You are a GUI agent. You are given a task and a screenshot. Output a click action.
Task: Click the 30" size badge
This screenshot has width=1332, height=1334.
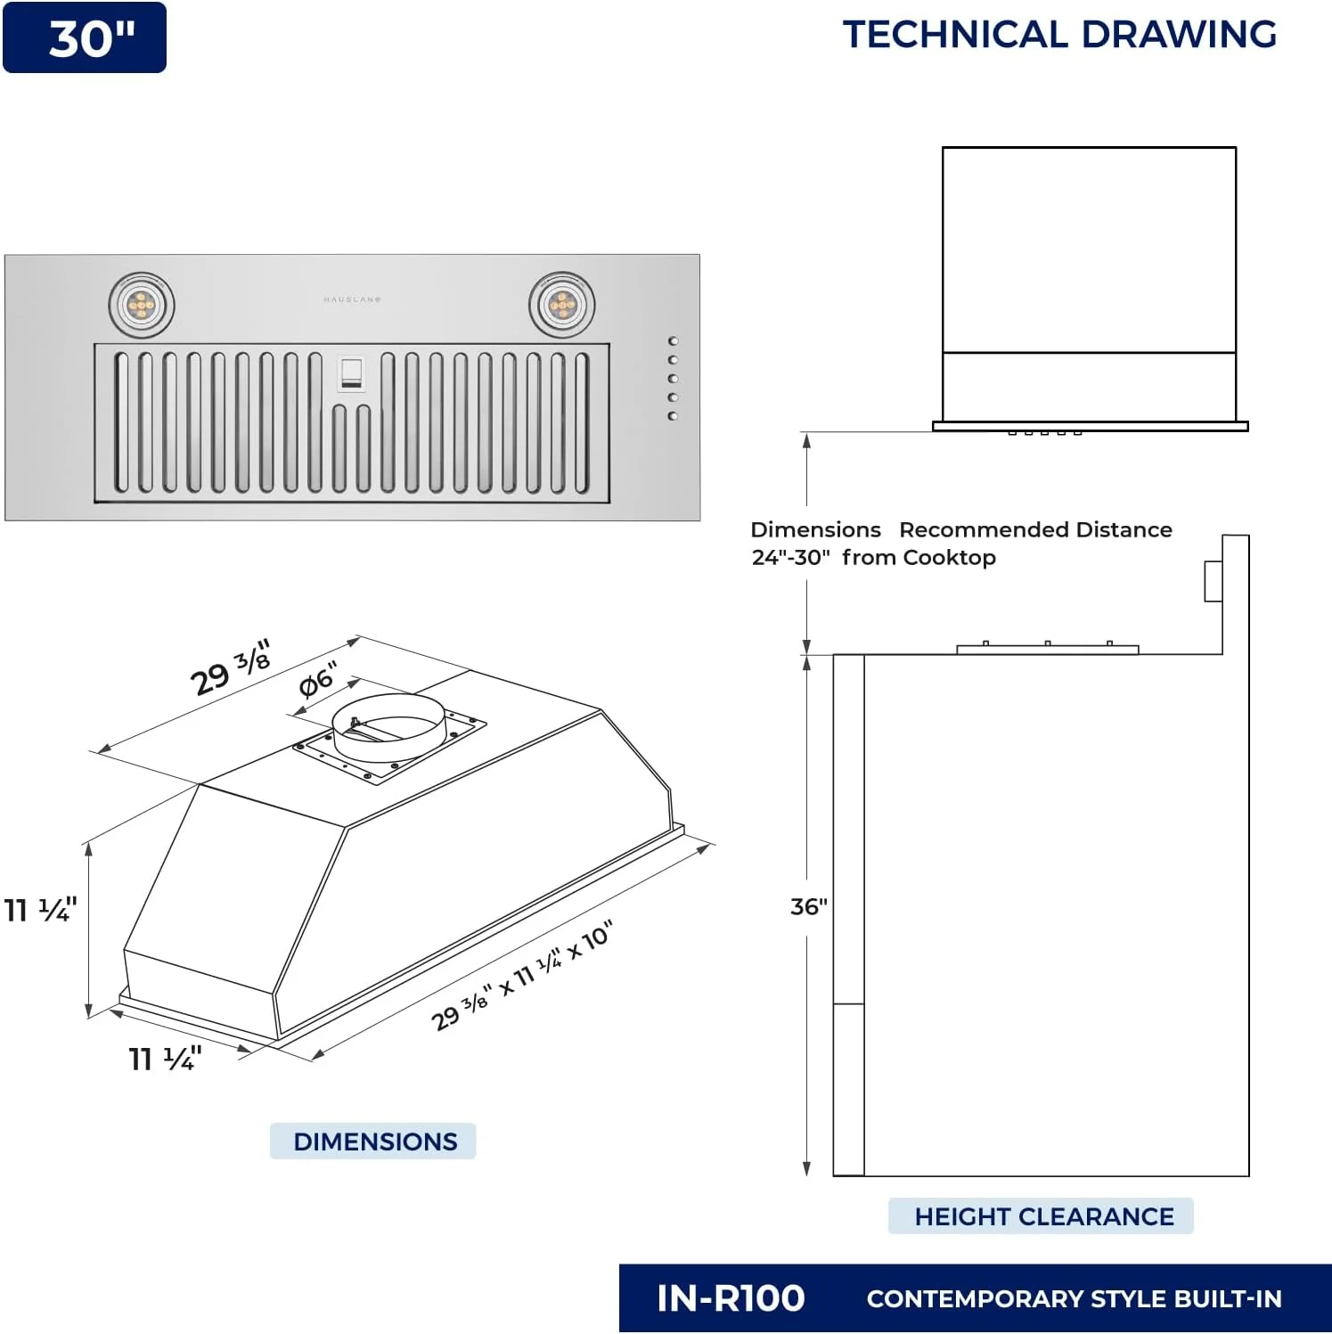pos(85,37)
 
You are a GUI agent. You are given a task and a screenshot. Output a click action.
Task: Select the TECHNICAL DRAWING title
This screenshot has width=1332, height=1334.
pos(1059,34)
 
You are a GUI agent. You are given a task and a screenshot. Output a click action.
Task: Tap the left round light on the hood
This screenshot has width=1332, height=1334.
pos(142,306)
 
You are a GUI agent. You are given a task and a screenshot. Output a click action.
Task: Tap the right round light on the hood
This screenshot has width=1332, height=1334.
pos(562,306)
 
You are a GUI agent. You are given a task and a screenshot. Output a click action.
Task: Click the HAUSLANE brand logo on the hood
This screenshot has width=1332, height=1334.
pos(352,299)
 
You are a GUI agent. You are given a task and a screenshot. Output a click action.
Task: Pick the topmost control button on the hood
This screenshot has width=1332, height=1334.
pos(674,341)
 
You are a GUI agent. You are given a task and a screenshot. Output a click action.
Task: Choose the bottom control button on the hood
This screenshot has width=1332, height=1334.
pos(674,416)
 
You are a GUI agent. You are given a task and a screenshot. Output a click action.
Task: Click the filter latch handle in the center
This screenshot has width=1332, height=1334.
pos(351,373)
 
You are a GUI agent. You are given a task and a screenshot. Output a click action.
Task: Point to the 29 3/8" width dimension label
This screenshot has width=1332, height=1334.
pos(231,668)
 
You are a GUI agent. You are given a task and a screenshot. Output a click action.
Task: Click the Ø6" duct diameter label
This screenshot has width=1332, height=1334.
pos(318,680)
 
